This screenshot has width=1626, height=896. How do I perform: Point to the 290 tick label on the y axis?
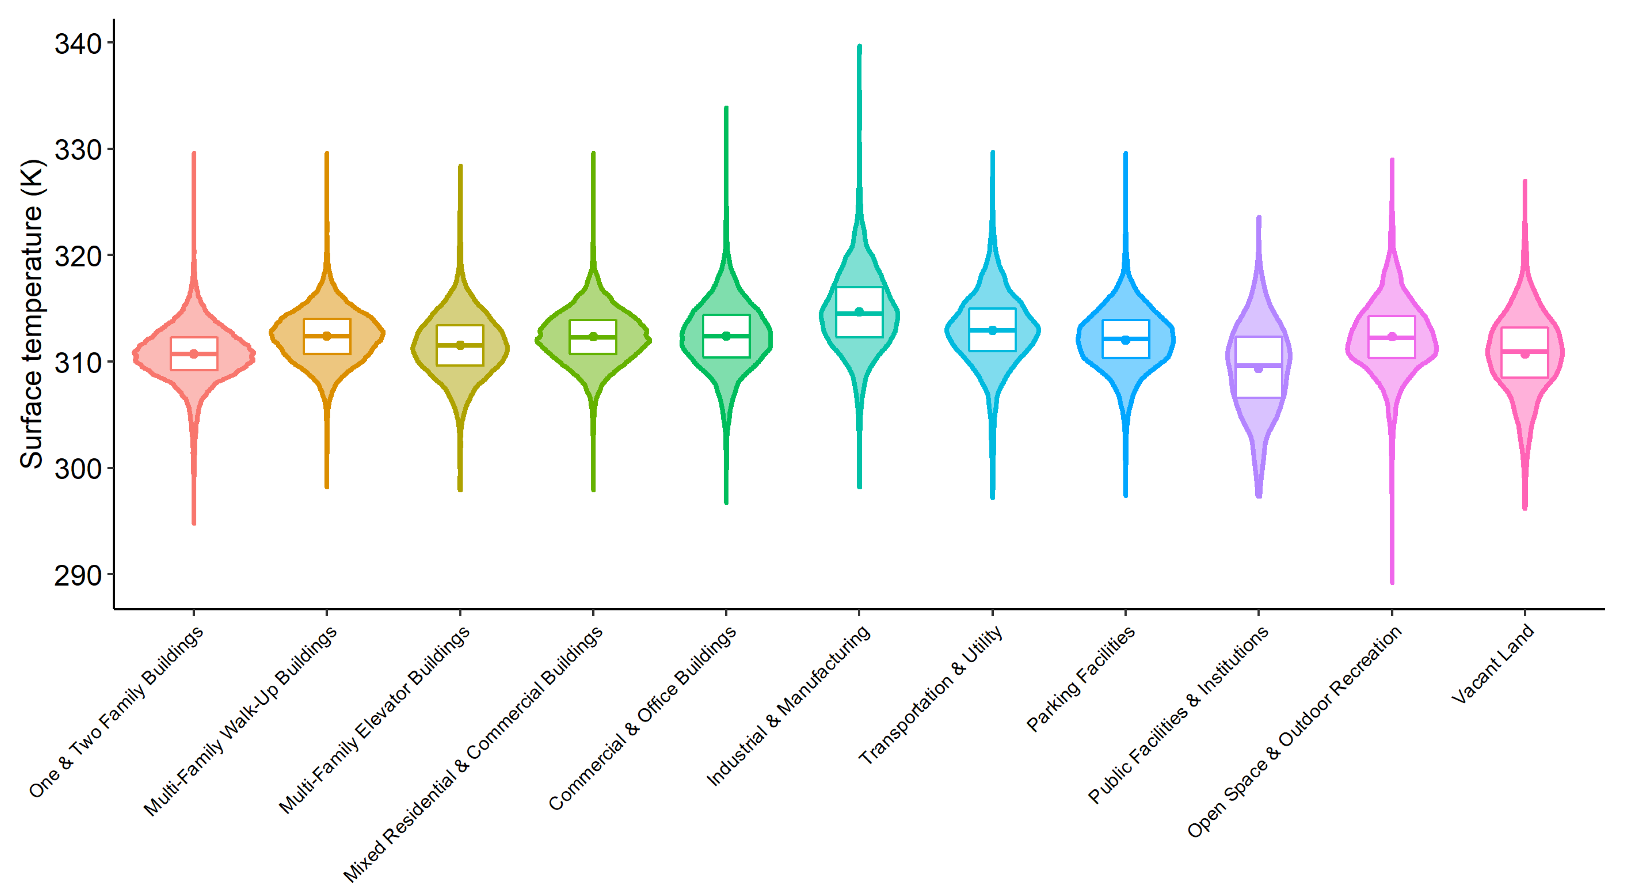(x=78, y=576)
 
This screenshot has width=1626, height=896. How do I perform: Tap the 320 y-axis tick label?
(x=78, y=257)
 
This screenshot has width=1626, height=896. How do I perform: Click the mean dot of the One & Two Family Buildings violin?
(x=194, y=354)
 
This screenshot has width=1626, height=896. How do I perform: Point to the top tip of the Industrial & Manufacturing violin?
(x=859, y=47)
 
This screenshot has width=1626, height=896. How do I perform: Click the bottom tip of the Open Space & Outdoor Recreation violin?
(x=1392, y=582)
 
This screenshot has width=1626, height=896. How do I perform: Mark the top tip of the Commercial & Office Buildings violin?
(x=726, y=109)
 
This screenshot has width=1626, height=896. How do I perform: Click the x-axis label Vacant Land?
(x=1493, y=664)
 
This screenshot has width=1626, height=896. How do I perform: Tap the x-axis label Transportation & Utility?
(x=931, y=695)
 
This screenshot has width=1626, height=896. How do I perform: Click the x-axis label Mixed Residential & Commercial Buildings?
(x=473, y=754)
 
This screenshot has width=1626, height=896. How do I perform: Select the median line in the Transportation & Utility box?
(x=992, y=330)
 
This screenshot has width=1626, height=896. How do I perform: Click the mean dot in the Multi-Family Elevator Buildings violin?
(x=460, y=345)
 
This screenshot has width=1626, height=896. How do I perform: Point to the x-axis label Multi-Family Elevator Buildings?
(x=375, y=720)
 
